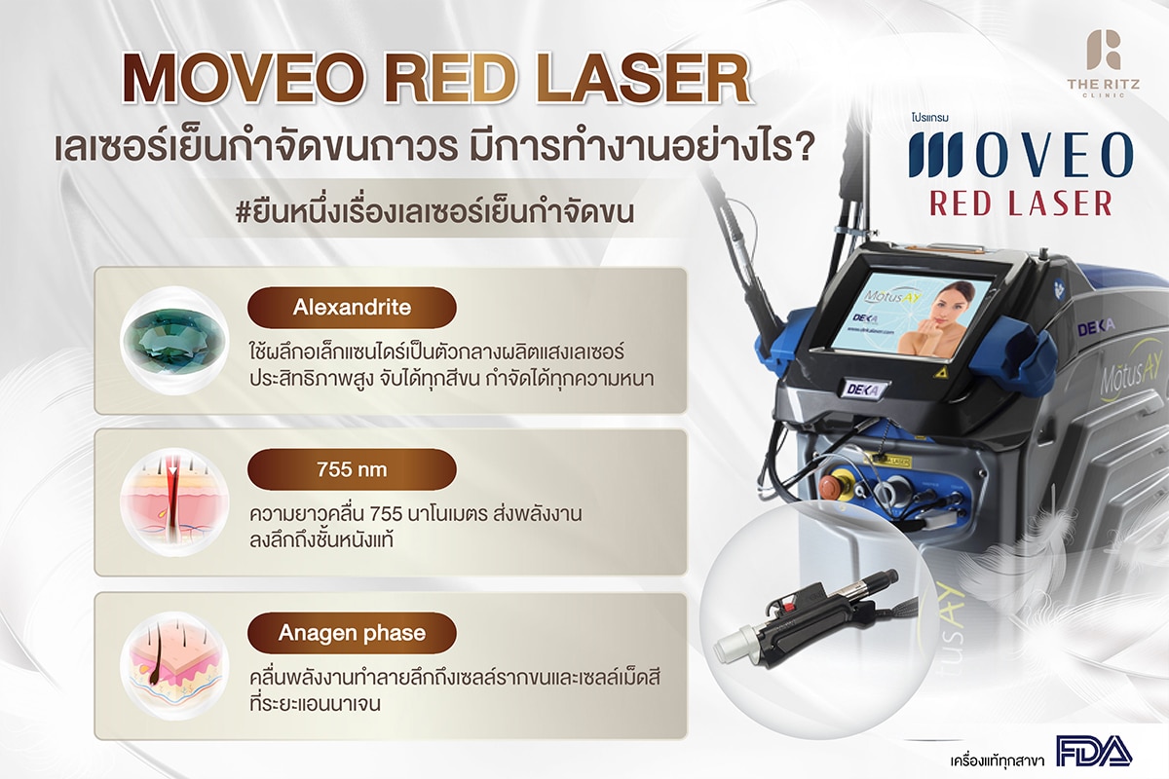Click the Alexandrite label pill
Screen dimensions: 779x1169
pos(352,307)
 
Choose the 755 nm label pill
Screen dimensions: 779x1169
pos(352,469)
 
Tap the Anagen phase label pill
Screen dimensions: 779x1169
pos(352,633)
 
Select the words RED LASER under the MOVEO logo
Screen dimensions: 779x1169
pos(1021,202)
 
